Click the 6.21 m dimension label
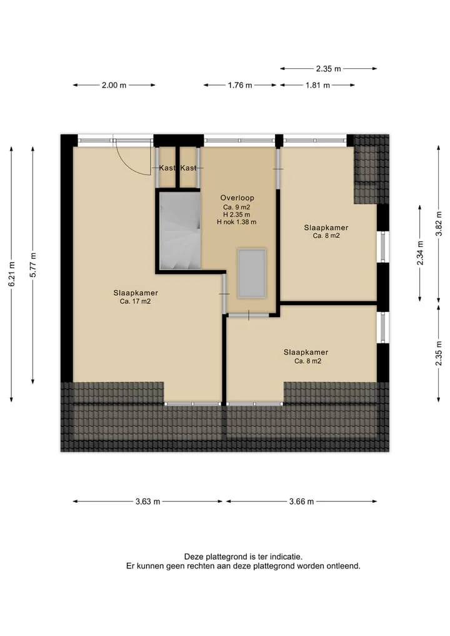[12, 274]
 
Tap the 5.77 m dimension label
[33, 265]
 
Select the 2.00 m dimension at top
[114, 85]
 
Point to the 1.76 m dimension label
[240, 85]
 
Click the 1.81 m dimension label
[318, 85]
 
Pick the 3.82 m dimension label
[438, 223]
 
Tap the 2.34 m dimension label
[420, 253]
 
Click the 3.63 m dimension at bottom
[147, 502]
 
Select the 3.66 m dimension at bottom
[301, 502]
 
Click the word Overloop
[237, 198]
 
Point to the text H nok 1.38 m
[236, 222]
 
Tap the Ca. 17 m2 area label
[136, 301]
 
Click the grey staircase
[180, 230]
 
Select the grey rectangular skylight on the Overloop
[252, 273]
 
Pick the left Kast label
[167, 168]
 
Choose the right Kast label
[188, 168]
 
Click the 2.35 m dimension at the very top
[328, 69]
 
